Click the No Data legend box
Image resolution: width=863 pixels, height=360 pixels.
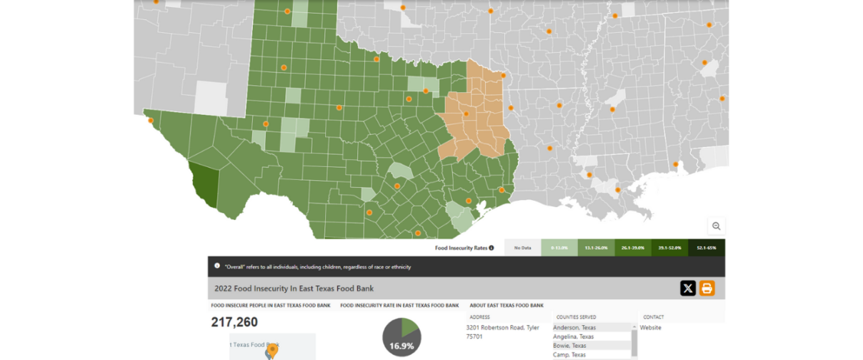[523, 248]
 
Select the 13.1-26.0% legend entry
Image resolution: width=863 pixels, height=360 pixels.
[596, 248]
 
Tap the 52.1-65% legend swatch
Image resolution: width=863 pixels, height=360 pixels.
[706, 248]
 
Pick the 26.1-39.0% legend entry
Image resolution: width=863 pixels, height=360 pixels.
[632, 248]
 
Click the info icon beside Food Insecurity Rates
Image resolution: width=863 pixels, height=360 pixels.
[492, 248]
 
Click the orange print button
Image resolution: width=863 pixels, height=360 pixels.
[707, 289]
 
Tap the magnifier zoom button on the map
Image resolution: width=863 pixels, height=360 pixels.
[716, 226]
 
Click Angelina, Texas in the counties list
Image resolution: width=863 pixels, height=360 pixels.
[574, 336]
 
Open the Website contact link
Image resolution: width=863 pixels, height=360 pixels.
[650, 328]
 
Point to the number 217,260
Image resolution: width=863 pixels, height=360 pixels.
[234, 322]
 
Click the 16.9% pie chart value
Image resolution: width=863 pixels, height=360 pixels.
[401, 346]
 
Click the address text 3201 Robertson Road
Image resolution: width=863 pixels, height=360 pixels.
[502, 328]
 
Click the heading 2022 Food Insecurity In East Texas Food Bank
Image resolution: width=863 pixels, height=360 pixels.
[294, 289]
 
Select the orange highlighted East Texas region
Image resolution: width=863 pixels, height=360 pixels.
[475, 118]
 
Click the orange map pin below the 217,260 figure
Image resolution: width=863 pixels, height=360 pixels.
[271, 351]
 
